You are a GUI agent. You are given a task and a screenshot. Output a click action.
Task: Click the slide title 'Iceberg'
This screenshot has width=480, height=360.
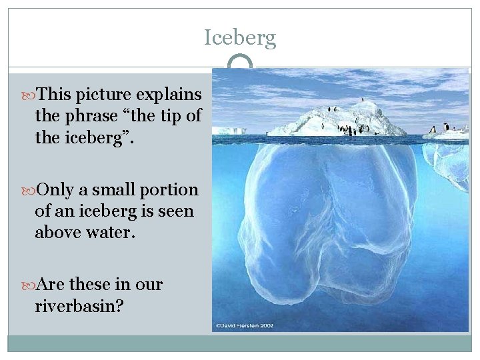tap(240, 38)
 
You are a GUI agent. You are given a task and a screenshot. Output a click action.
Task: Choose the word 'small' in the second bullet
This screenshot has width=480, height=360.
tap(115, 190)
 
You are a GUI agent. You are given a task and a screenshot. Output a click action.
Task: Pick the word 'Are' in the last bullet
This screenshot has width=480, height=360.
tap(51, 285)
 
